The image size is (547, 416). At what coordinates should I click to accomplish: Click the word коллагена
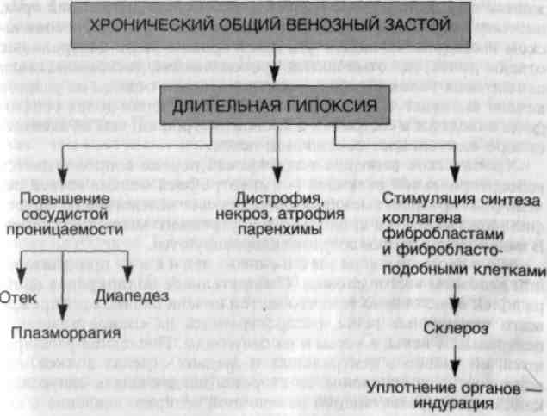point(410,216)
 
